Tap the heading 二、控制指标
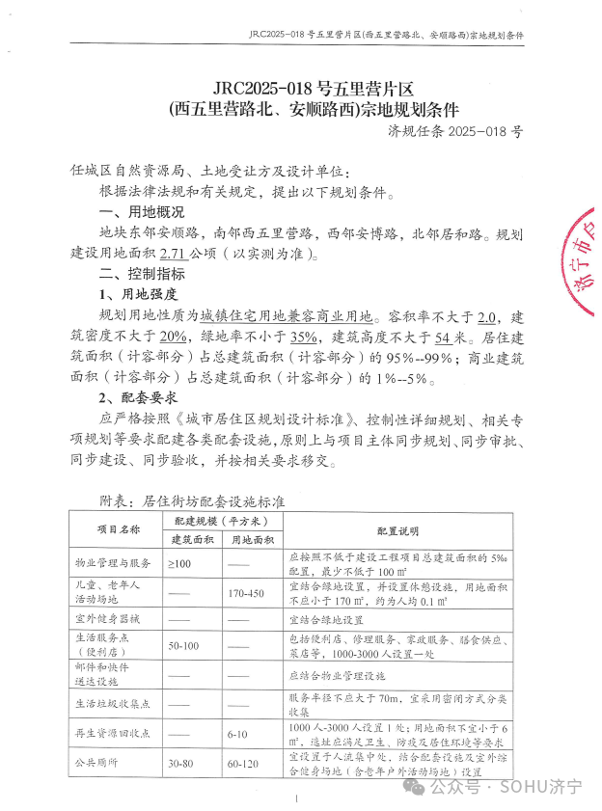tap(141, 275)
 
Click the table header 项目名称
tap(119, 529)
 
